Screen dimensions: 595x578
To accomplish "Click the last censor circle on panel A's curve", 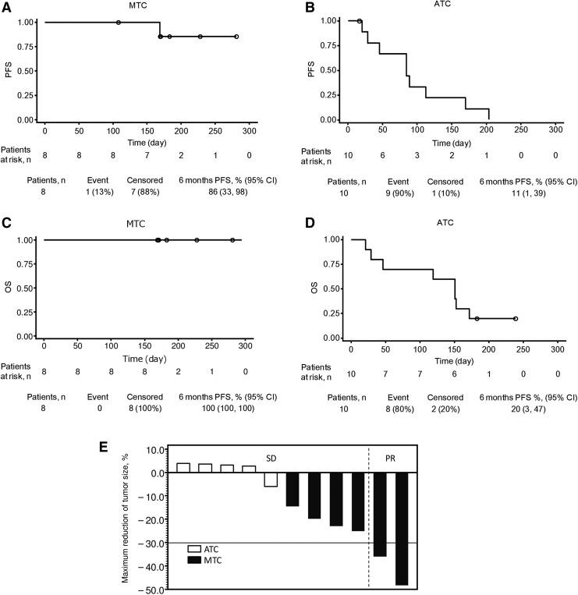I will [x=236, y=37].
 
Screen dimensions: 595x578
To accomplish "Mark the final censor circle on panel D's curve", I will [x=516, y=319].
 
